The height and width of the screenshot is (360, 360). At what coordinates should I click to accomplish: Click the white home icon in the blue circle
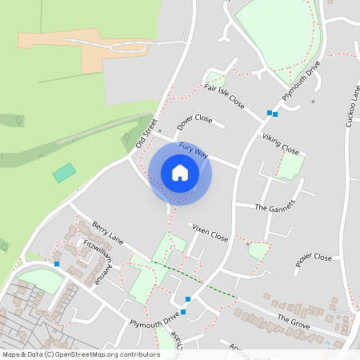(x=180, y=172)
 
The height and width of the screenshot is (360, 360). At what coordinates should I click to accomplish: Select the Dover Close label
(x=194, y=122)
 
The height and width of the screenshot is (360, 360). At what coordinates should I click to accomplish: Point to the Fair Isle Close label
(x=224, y=97)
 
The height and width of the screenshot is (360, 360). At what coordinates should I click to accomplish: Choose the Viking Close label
(x=280, y=145)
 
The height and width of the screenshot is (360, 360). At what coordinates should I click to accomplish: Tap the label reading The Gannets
(x=274, y=206)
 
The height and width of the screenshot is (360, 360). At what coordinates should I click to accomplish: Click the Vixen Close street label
(x=210, y=233)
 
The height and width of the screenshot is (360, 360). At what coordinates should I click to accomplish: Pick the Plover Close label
(x=313, y=258)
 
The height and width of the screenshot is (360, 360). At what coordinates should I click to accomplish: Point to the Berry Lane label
(x=108, y=233)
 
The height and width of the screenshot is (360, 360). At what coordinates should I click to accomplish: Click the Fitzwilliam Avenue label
(x=98, y=261)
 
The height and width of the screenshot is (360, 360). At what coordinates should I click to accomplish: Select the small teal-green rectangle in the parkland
(x=64, y=172)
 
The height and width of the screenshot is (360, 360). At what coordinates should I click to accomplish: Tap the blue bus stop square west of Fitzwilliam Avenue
(x=57, y=263)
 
